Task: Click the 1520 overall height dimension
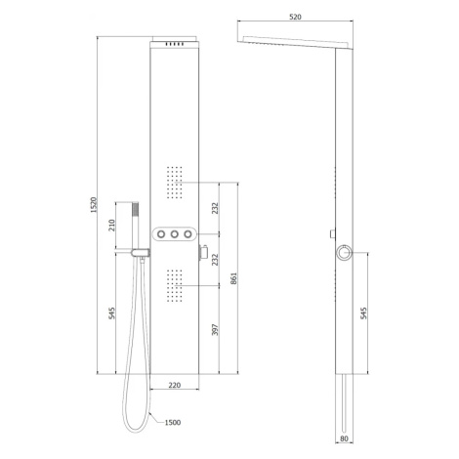[94, 205]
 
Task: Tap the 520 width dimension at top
[295, 17]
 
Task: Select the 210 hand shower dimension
[111, 226]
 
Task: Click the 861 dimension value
[233, 278]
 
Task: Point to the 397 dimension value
[215, 329]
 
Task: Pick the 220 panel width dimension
[175, 385]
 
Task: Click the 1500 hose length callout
[173, 423]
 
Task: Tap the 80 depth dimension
[344, 438]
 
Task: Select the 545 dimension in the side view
[364, 313]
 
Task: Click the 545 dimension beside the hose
[111, 313]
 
